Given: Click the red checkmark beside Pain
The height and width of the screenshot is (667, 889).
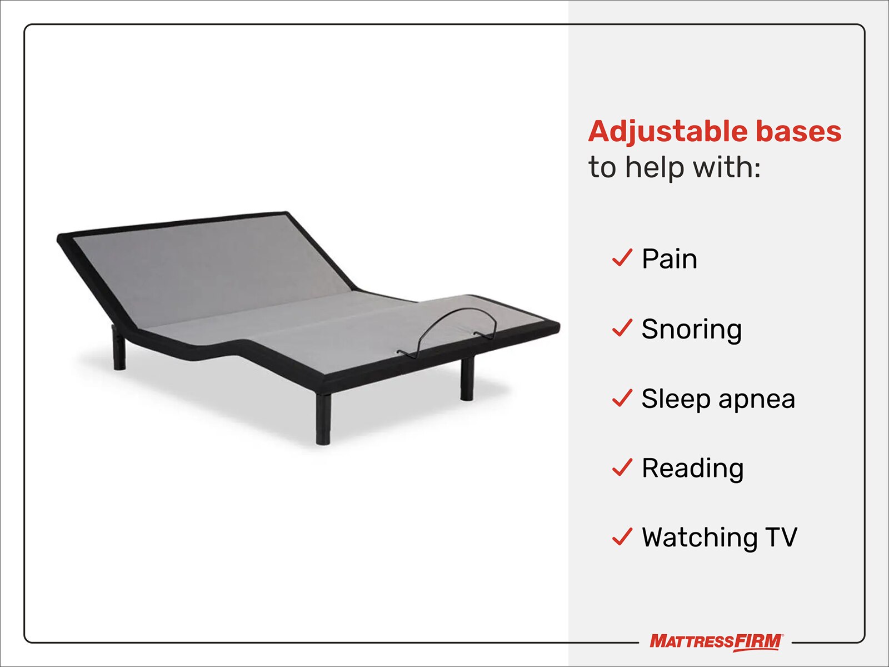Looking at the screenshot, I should tap(622, 258).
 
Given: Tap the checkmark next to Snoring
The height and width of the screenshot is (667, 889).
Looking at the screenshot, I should tap(622, 328).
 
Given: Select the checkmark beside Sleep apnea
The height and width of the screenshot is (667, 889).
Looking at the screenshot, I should tap(622, 398).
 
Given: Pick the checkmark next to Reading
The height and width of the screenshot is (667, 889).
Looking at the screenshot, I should tap(622, 467).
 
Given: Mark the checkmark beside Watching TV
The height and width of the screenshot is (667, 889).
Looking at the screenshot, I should tap(622, 537).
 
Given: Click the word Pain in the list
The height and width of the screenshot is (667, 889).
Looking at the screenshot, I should tap(670, 259).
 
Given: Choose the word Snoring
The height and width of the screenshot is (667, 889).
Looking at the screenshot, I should tap(691, 329).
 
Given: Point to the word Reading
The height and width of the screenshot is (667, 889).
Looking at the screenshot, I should tap(692, 469).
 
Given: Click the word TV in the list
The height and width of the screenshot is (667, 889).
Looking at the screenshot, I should tap(781, 537).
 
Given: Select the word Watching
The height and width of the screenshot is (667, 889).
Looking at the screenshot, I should tap(699, 538).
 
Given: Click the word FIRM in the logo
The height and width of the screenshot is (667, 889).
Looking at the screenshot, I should tap(758, 642).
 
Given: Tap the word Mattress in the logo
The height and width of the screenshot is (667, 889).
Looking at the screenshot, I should tap(691, 642).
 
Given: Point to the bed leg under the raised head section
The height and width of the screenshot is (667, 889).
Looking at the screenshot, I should tap(119, 350).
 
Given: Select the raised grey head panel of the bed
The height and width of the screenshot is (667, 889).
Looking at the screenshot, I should tap(211, 267).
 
